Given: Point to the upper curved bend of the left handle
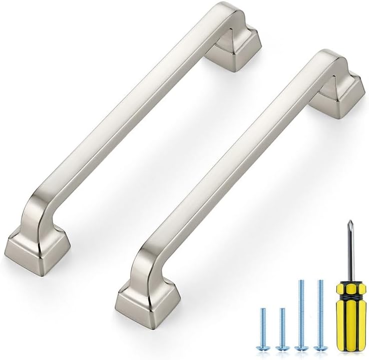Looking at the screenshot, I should point(220,15).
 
